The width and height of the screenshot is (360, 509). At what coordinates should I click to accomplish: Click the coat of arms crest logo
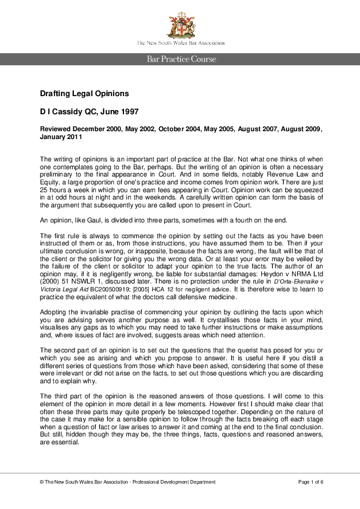pos(180,24)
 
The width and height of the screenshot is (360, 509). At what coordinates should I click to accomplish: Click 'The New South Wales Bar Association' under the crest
pos(180,43)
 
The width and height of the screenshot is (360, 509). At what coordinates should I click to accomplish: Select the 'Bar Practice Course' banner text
pos(180,59)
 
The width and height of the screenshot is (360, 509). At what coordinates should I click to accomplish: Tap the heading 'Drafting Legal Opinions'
pos(84,94)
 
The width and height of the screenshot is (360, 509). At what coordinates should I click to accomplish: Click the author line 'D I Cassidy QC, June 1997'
pos(90,112)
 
